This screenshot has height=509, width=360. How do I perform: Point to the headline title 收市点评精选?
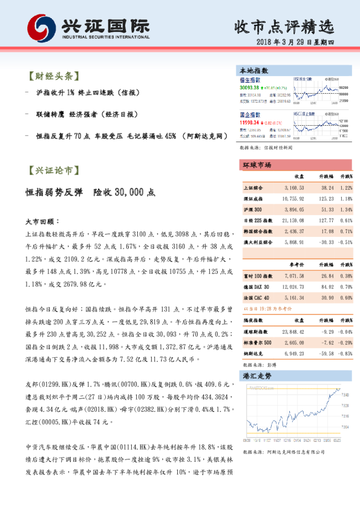[283, 27]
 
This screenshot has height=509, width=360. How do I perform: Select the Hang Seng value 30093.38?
[250, 88]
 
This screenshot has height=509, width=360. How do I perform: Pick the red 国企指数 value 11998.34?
[249, 122]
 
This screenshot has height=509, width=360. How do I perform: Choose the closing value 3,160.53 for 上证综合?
[294, 189]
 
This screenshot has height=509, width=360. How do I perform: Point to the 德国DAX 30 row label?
[258, 287]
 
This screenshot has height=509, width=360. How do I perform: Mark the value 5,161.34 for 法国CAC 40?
[294, 297]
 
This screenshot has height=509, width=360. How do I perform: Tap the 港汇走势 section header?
[257, 375]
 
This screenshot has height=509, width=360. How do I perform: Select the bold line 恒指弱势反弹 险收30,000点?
[91, 193]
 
